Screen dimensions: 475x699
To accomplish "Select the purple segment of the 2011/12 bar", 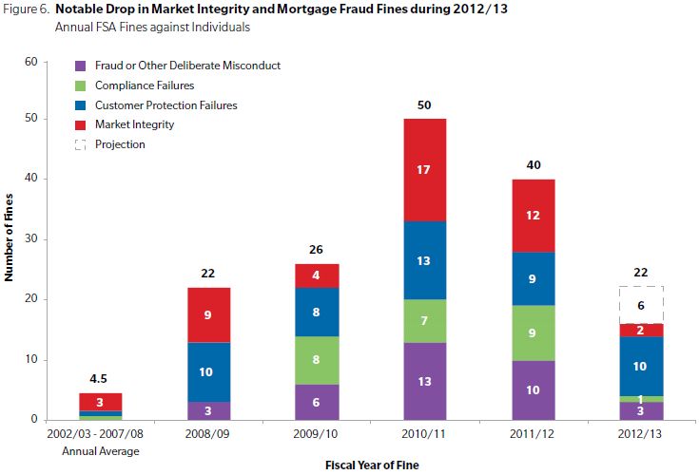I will tap(534, 389).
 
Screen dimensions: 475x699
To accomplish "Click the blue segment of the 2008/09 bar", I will tap(208, 371).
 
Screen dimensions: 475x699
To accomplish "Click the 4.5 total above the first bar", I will tap(100, 377).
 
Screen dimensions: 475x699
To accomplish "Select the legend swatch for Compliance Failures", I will tap(80, 85).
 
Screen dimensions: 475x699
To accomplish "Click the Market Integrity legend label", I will tap(133, 124).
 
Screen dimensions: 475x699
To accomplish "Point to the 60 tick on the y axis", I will tap(30, 62).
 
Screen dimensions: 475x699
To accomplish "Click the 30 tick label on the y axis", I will tap(30, 240).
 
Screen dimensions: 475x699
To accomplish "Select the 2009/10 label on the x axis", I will tap(317, 434).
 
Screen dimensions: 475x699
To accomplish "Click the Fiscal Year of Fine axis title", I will tap(371, 465).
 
